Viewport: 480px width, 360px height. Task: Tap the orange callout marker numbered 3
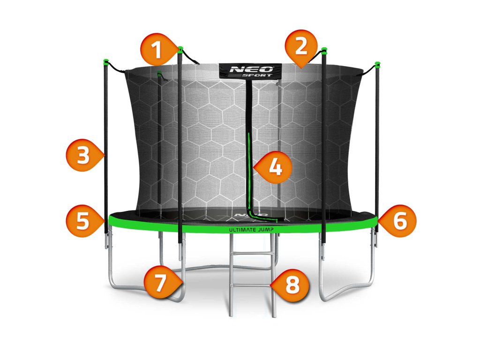tap(83, 156)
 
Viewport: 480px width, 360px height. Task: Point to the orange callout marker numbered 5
tap(83, 220)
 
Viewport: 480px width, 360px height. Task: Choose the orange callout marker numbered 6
tap(399, 220)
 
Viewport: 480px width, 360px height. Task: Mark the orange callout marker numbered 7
tap(161, 283)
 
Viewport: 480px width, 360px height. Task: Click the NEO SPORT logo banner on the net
tap(250, 71)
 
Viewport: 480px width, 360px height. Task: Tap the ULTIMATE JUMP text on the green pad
tap(250, 230)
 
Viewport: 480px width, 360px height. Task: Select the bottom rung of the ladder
tap(252, 285)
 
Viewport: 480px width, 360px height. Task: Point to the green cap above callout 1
tap(180, 48)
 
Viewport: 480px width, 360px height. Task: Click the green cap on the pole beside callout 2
tap(324, 49)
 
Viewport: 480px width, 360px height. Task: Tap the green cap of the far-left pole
tap(106, 61)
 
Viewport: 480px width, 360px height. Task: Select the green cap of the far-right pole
tap(377, 63)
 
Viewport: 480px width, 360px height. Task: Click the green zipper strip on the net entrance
tap(250, 173)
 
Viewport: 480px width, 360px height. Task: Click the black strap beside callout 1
tap(191, 58)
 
